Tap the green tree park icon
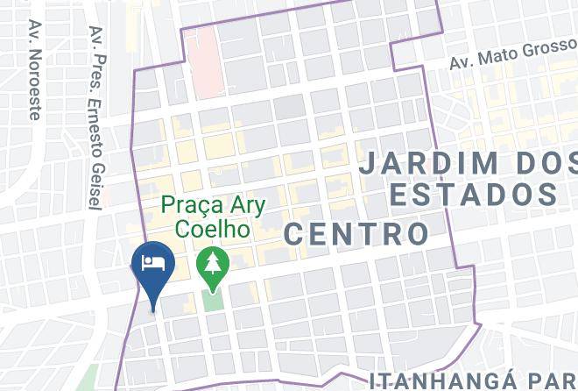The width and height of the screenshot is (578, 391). [x=211, y=262]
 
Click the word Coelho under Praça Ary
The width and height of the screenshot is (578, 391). [x=213, y=229]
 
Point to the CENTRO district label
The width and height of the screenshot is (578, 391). [x=356, y=233]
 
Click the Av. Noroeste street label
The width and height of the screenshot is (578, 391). [x=36, y=70]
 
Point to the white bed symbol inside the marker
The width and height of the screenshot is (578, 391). [x=153, y=262]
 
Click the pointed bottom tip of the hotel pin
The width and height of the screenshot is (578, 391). [x=154, y=309]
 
